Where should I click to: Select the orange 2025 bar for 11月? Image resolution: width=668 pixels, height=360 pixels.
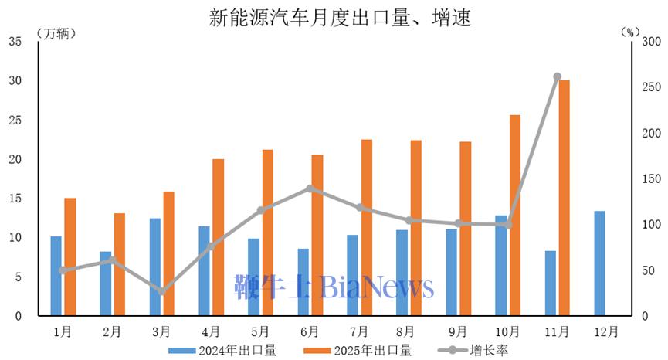564,198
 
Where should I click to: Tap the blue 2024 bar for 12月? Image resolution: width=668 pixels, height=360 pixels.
600,263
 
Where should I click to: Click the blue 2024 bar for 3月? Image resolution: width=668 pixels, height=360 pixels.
155,267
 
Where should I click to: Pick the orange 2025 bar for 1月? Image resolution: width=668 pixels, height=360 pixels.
70,257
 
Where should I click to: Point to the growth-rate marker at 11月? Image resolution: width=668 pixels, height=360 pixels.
557,76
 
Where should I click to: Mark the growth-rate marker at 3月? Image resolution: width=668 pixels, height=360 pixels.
161,292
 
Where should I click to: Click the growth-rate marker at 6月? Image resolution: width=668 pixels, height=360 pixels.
310,188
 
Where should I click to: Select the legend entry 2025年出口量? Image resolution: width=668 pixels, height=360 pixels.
370,351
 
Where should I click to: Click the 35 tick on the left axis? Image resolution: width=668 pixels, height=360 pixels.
15,42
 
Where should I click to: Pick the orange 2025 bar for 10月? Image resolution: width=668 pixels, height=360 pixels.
514,216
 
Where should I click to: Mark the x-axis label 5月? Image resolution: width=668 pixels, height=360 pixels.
260,331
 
